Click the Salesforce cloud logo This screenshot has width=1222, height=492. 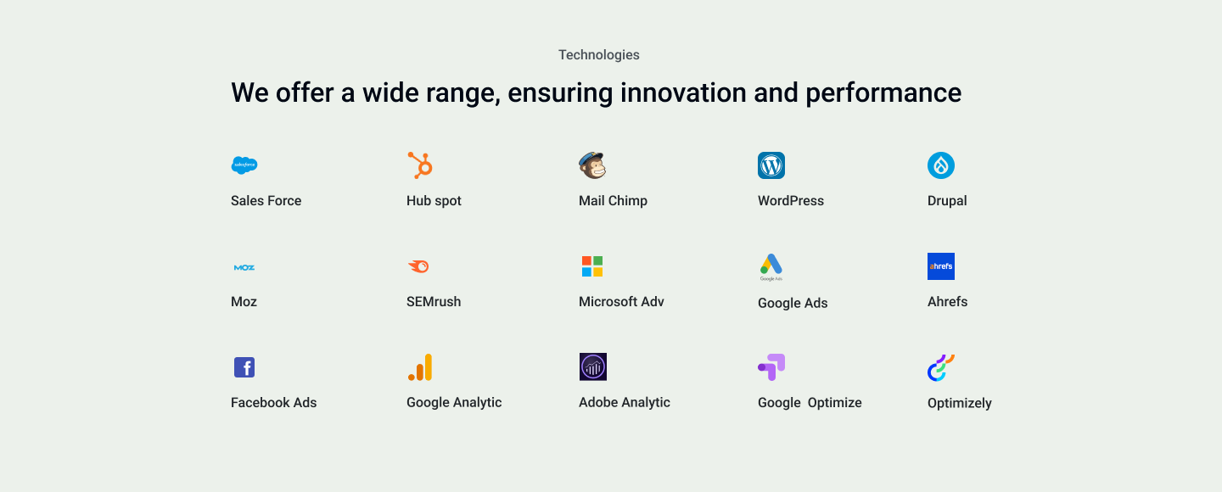tap(244, 165)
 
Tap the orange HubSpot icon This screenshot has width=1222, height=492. tap(420, 165)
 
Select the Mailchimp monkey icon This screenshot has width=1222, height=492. tap(592, 165)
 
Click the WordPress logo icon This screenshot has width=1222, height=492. tap(771, 165)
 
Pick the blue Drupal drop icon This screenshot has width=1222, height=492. tap(941, 165)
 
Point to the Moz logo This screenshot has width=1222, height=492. tap(244, 267)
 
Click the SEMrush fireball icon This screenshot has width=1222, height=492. tap(419, 266)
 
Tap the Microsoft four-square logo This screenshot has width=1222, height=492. tap(592, 266)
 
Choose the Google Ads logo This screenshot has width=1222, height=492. tap(771, 266)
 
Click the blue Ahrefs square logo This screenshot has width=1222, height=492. tap(941, 266)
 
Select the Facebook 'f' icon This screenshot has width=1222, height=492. tap(244, 367)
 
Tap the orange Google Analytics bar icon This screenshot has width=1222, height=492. tap(420, 367)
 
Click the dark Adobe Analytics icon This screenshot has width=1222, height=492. tap(593, 366)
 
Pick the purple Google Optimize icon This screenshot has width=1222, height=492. tap(771, 367)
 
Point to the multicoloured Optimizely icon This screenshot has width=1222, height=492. tap(941, 367)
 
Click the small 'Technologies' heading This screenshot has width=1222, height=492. tap(599, 54)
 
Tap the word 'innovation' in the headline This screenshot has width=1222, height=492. tap(684, 92)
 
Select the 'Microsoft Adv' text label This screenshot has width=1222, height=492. tap(621, 302)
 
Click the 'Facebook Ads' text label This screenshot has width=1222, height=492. tap(274, 403)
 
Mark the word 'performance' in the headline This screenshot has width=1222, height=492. tap(883, 93)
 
